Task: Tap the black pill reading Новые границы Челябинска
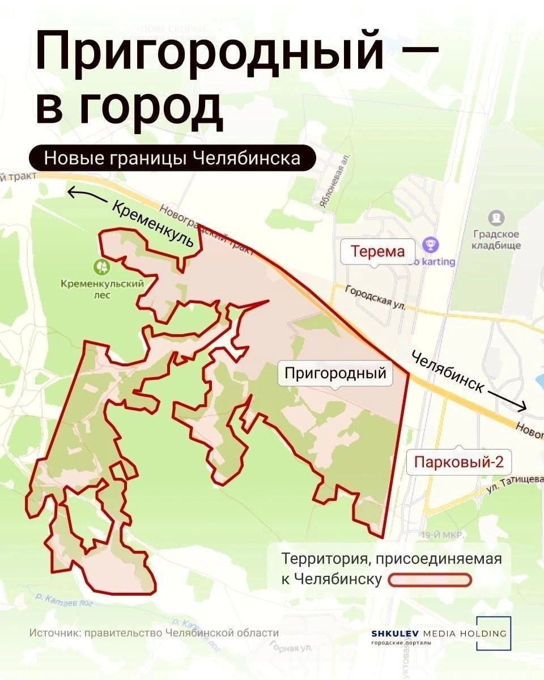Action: click(x=172, y=158)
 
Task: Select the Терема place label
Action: click(x=378, y=251)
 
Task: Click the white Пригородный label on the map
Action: click(x=335, y=373)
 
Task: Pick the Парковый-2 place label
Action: click(x=459, y=462)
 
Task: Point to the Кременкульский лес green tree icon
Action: click(x=102, y=266)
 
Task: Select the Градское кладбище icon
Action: click(x=496, y=217)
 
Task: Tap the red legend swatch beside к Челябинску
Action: click(x=430, y=580)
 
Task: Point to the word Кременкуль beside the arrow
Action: click(x=153, y=225)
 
